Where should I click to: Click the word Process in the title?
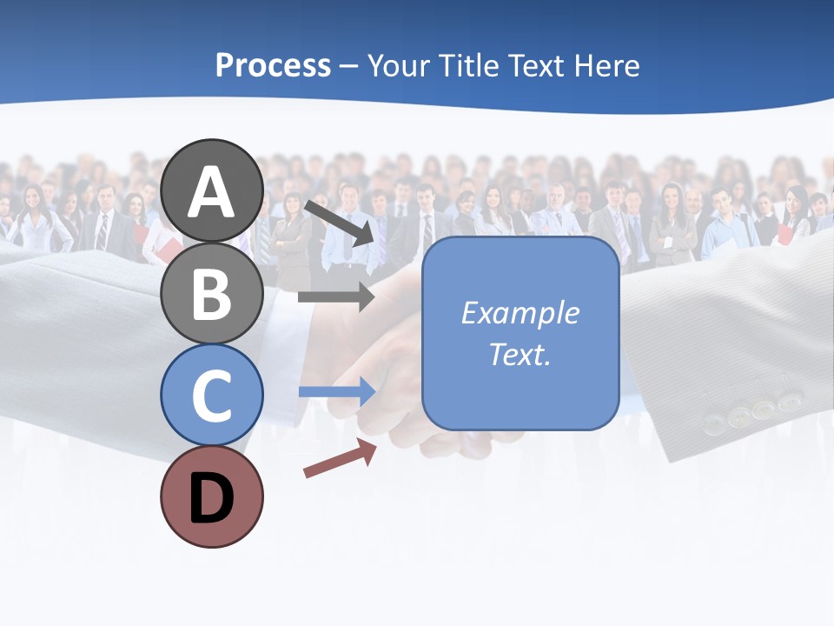[x=273, y=65]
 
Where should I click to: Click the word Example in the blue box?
[x=520, y=312]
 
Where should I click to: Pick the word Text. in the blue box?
[x=520, y=354]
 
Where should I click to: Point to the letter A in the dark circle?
[x=211, y=192]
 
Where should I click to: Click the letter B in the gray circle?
[x=211, y=294]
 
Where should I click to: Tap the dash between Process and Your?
[x=349, y=66]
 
